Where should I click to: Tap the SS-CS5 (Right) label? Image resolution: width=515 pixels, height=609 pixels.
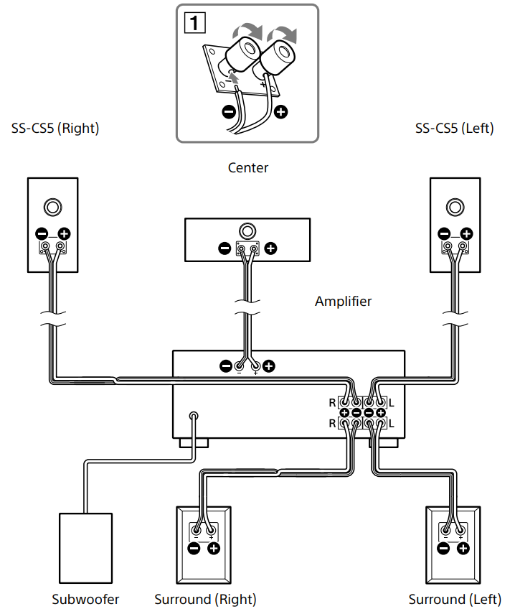pyautogui.click(x=55, y=129)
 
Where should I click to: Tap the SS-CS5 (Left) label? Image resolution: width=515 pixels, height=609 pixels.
pyautogui.click(x=454, y=129)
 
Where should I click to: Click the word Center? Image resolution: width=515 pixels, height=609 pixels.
pyautogui.click(x=248, y=167)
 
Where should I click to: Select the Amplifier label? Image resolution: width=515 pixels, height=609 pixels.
pyautogui.click(x=343, y=301)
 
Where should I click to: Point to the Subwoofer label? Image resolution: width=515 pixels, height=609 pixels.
pyautogui.click(x=85, y=599)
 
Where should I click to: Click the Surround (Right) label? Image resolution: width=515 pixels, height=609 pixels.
pyautogui.click(x=205, y=599)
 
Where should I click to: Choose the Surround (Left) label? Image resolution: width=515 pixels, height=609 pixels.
pyautogui.click(x=455, y=599)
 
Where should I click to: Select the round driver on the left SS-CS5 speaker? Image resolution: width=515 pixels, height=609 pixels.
pyautogui.click(x=455, y=208)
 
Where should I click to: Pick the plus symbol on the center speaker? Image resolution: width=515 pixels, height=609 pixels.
pyautogui.click(x=270, y=249)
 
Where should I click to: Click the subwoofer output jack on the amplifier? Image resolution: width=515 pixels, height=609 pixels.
pyautogui.click(x=194, y=416)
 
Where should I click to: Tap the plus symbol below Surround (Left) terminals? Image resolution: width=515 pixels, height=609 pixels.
pyautogui.click(x=463, y=549)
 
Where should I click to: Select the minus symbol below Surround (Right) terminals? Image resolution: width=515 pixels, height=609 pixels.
pyautogui.click(x=194, y=549)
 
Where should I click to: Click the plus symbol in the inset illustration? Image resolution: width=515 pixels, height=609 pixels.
pyautogui.click(x=280, y=113)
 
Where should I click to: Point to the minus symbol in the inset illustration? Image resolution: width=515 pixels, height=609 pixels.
pyautogui.click(x=227, y=113)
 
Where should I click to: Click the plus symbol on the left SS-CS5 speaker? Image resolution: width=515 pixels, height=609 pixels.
pyautogui.click(x=466, y=233)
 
